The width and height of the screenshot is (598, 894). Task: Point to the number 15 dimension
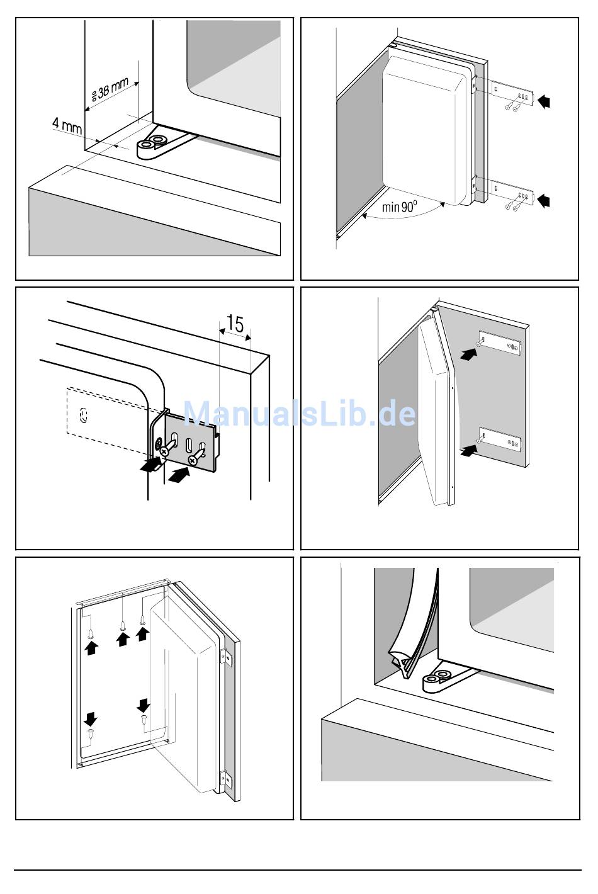click(234, 324)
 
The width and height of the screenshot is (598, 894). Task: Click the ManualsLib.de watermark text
click(299, 414)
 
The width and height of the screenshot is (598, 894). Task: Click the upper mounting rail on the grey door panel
click(500, 344)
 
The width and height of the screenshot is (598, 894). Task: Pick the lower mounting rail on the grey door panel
click(500, 439)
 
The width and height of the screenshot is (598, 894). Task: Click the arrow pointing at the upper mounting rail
click(468, 355)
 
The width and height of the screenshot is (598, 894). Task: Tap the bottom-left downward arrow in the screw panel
click(91, 718)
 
